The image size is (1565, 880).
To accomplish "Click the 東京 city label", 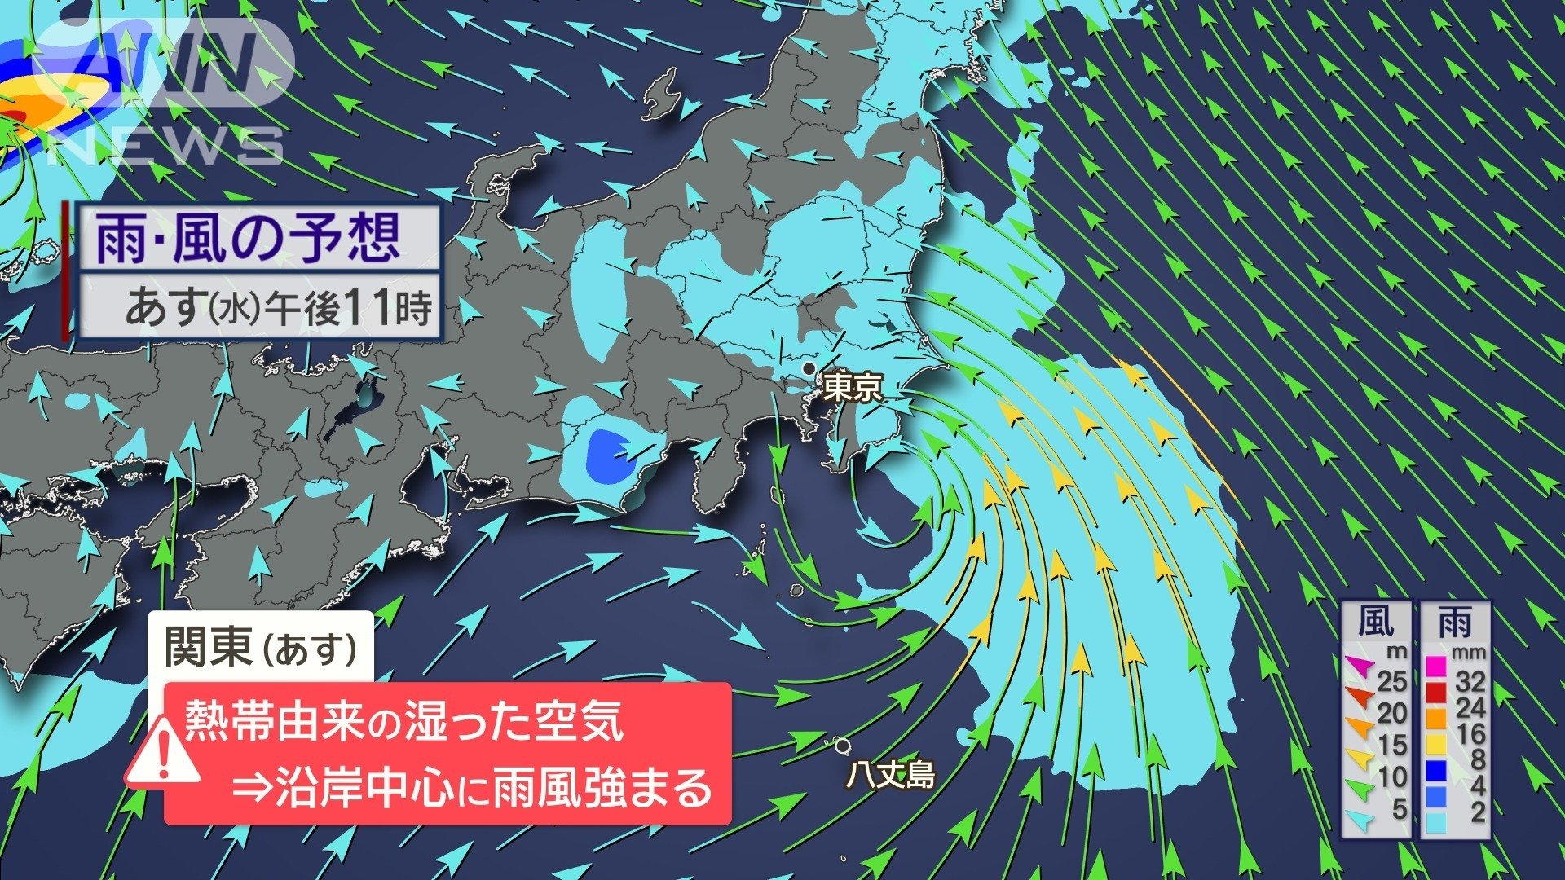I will (x=853, y=387).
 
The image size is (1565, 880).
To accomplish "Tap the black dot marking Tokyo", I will (x=809, y=369).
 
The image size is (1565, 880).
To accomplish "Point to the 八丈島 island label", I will (x=890, y=775).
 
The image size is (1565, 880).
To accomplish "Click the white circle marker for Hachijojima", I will (x=842, y=745).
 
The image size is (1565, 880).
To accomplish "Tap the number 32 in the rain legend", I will (x=1470, y=681).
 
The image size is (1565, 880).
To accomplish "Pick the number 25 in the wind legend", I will (x=1392, y=681).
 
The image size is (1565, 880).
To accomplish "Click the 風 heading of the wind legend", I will (x=1376, y=623).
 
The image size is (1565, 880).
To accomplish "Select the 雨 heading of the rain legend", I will (x=1455, y=623).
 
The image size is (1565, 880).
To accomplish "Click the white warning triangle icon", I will (x=164, y=755).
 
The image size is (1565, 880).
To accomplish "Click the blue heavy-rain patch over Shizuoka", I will (x=610, y=455).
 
